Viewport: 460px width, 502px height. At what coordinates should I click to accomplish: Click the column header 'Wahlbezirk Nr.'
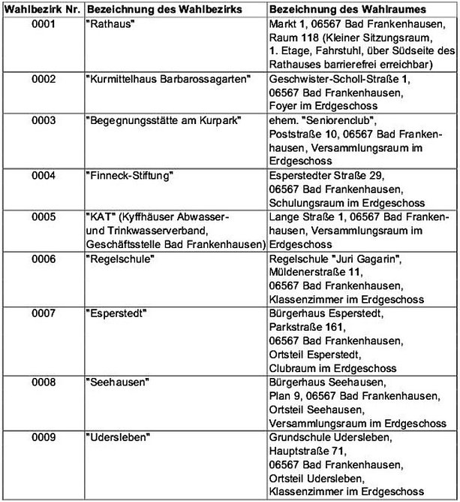[42, 8]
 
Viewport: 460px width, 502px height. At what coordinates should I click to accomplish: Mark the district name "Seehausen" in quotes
[116, 382]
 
